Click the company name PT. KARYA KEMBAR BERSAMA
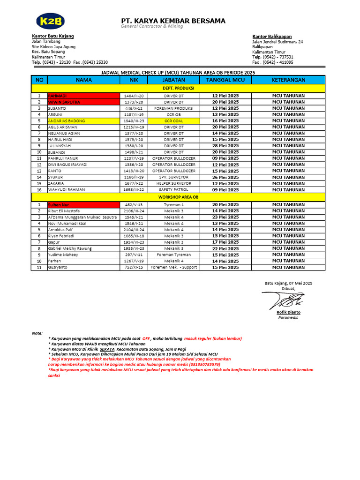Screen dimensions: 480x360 [x=173, y=21]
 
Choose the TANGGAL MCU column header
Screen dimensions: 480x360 [x=225, y=80]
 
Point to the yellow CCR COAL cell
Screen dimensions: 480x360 [x=173, y=120]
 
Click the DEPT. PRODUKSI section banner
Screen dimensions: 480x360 [x=178, y=88]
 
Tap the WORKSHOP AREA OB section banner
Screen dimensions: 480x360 [x=178, y=198]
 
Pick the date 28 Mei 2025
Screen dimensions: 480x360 [x=225, y=146]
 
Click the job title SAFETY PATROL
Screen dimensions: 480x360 [x=173, y=190]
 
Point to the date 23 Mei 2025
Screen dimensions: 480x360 [x=225, y=217]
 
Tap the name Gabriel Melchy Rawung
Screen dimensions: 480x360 [x=70, y=248]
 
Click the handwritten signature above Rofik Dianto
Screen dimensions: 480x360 [x=284, y=300]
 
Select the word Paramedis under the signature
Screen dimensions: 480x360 [x=288, y=318]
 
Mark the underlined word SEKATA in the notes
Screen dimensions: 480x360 [x=107, y=349]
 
